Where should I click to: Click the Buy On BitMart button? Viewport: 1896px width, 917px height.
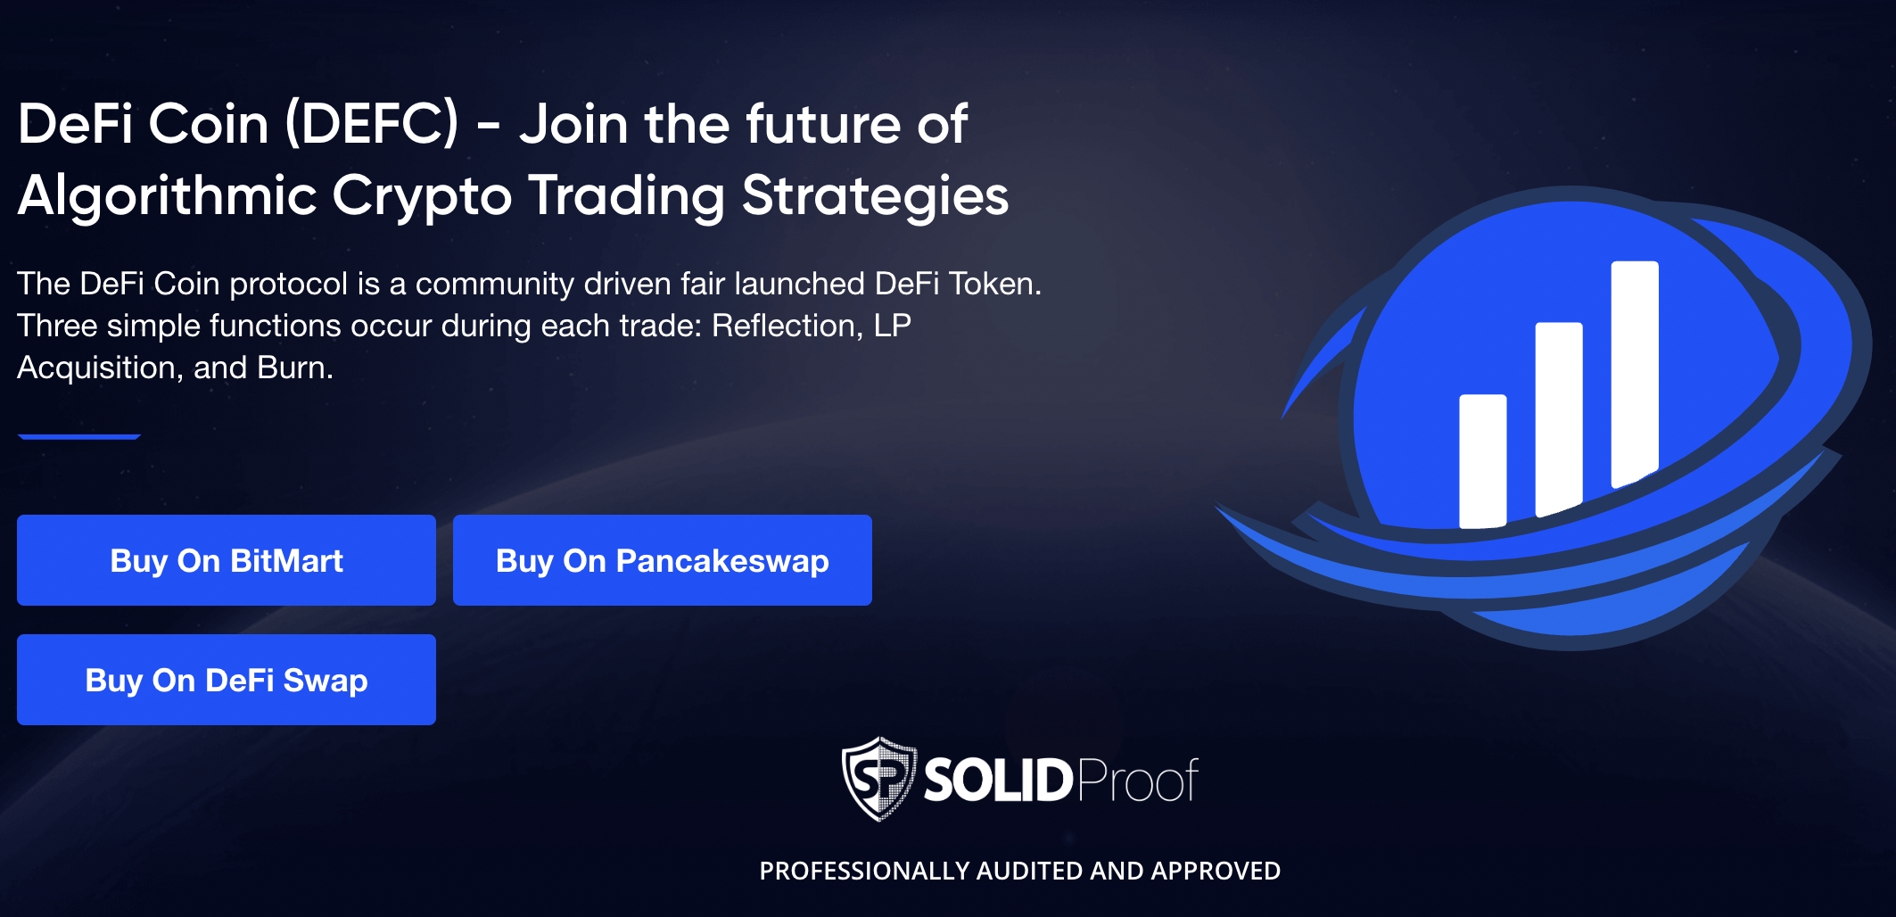click(227, 560)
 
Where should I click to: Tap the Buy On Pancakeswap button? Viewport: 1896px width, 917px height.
click(663, 560)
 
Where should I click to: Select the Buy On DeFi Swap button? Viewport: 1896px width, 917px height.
click(227, 680)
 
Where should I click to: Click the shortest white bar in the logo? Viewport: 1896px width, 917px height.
click(1482, 461)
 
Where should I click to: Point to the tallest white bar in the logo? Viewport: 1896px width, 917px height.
click(1635, 375)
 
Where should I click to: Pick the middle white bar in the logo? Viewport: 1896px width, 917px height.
click(1559, 419)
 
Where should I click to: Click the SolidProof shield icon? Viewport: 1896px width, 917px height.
click(879, 779)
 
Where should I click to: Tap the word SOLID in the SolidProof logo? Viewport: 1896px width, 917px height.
click(998, 781)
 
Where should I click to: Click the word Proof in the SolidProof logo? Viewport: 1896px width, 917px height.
click(1138, 781)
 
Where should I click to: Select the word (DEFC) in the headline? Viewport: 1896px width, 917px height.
click(372, 124)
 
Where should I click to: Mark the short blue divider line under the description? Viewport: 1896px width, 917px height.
click(79, 436)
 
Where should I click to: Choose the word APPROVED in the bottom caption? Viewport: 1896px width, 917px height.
click(1216, 871)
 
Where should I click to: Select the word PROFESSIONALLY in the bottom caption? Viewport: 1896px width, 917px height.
click(864, 871)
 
